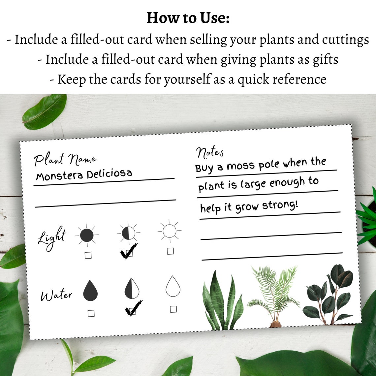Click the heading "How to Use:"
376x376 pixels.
point(188,18)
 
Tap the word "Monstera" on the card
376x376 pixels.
point(59,175)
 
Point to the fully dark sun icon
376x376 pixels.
point(87,235)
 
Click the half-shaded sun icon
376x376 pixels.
point(129,233)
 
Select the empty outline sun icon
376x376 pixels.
point(170,231)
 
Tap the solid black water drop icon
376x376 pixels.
point(90,291)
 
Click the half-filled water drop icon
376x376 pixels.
point(132,288)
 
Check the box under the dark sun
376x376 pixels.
point(88,255)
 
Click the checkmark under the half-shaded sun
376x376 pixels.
point(129,252)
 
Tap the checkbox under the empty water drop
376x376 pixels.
point(173,309)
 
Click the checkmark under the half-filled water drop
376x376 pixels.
point(133,309)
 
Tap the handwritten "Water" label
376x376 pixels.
point(56,295)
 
